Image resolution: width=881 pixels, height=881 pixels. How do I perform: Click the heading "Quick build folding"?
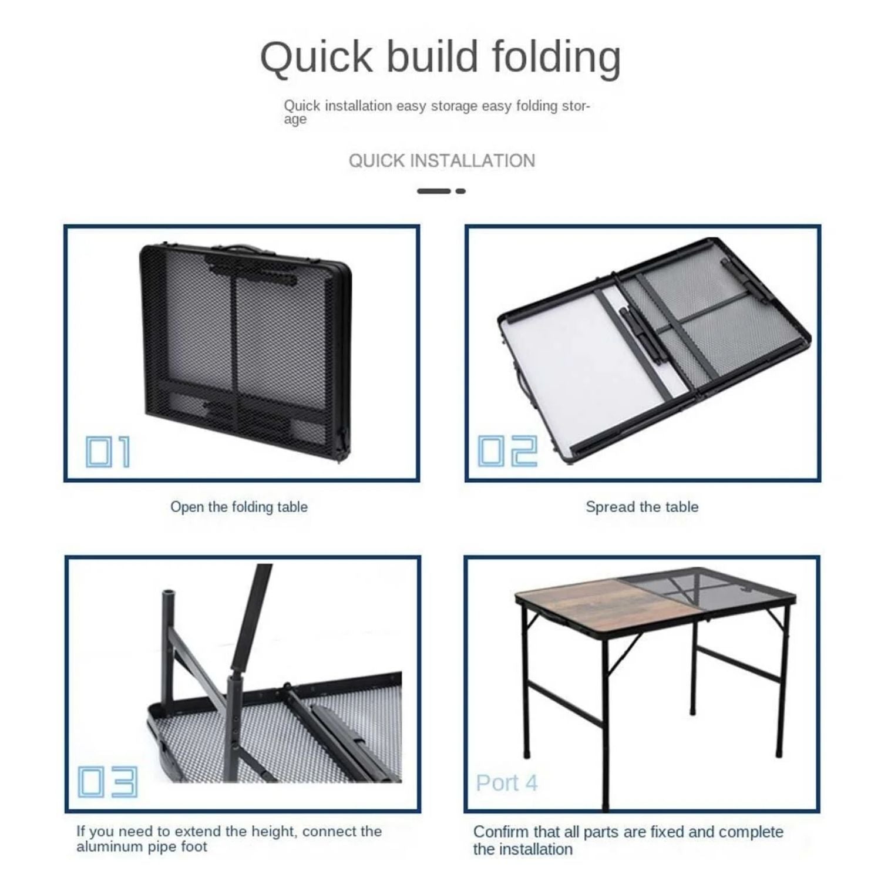coord(441,58)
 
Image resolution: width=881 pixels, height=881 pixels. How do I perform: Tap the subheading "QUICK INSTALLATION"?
coord(442,160)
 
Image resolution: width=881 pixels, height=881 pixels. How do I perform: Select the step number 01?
coord(108,452)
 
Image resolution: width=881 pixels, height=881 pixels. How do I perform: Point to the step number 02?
coord(507,451)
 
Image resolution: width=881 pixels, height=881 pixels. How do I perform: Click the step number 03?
coord(107,782)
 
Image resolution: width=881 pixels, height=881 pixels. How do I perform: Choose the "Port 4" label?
coord(506,783)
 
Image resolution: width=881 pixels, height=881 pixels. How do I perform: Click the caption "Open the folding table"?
coord(239,507)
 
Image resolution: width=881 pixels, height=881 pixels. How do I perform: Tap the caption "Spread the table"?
coord(642,507)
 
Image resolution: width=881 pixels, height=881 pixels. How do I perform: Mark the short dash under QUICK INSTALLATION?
coord(460,191)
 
